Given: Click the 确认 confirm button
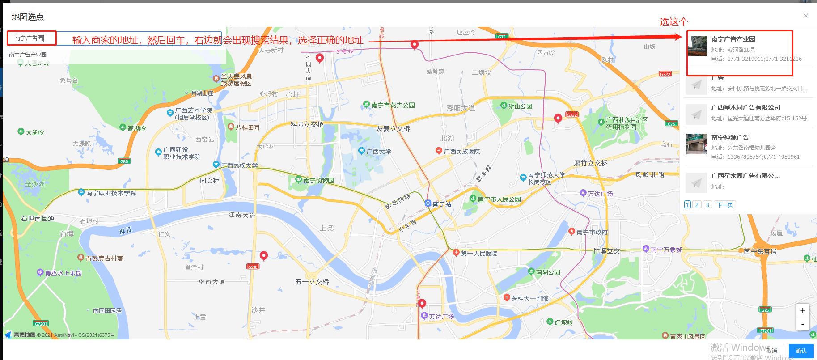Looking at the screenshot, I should point(801,351).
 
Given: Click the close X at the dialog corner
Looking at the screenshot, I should point(806,16).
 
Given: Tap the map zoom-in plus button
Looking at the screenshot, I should point(803,310).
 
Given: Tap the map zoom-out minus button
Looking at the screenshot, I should point(803,324).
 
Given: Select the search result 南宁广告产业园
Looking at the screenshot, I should point(733,39).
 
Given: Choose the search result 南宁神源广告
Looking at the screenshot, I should point(730,137).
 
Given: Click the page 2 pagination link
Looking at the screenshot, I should point(697,205).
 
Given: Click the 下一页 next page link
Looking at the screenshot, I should point(724,205).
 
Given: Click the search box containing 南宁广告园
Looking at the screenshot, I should point(32,38).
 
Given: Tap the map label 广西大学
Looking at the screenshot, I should point(378,152).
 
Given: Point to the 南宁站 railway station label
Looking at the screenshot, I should point(442,204).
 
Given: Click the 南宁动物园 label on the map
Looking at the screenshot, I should point(318,181).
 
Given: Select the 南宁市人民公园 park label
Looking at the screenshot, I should point(499,199).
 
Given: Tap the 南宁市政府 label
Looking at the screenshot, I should point(592,233).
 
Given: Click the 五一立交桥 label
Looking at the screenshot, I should point(312,282).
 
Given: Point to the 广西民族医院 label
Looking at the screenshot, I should point(461,152).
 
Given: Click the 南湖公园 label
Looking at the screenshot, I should point(548,272).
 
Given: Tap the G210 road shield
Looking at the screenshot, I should point(253,267).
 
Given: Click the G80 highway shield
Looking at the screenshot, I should point(124,161).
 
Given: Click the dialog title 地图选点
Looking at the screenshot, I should point(28,17).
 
